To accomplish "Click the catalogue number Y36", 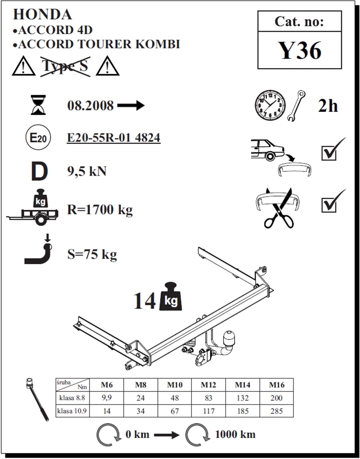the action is coord(300,50).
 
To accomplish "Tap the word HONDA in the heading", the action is coord(42,14).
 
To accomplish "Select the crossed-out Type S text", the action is coord(65,66).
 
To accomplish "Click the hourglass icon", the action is coord(38,105).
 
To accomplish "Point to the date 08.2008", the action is coord(90,105).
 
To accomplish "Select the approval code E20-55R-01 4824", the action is coord(114,138).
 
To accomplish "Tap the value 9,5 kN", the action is coord(87,171).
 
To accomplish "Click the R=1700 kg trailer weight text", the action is coord(100,210).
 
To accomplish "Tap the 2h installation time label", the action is coord(328,106).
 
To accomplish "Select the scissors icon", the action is coord(278,208).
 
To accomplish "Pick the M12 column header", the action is coord(208,385).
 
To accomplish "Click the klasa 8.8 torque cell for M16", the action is coord(276,398).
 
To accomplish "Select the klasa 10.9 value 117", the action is coord(208,411).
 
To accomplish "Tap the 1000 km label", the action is coord(235,435).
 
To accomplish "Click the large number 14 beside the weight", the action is coord(145,301).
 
